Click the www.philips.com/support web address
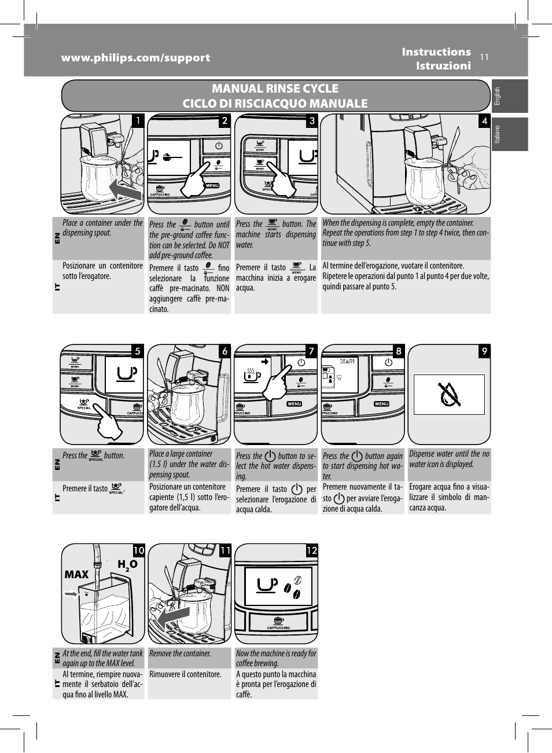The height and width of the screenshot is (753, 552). (136, 58)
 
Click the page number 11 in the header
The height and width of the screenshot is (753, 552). (484, 57)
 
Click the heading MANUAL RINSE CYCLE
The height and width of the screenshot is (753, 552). (275, 89)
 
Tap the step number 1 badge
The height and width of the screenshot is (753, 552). (138, 120)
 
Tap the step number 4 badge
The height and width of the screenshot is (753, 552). (484, 120)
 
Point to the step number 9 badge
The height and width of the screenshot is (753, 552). (484, 351)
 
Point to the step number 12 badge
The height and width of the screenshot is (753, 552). (311, 550)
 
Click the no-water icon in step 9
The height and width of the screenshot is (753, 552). (450, 394)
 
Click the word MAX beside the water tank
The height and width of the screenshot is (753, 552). (76, 574)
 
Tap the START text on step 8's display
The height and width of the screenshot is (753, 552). (347, 362)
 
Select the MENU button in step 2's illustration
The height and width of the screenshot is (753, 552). (212, 185)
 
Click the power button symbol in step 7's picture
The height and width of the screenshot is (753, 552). (301, 362)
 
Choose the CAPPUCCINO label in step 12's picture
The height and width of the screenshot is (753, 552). (278, 627)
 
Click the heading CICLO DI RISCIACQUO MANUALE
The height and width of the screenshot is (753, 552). (275, 104)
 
